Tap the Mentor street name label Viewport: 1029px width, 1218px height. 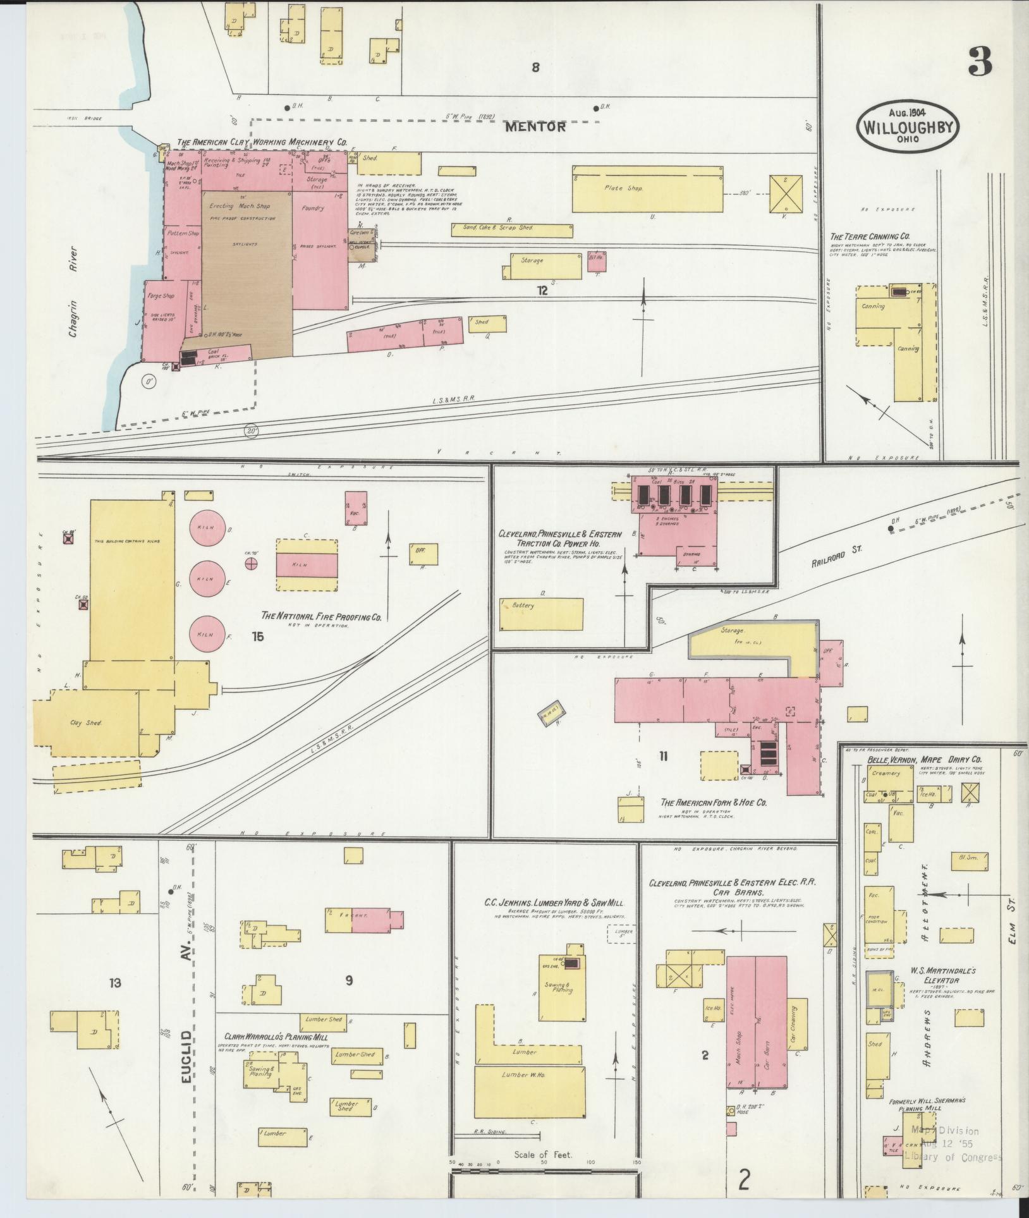click(535, 126)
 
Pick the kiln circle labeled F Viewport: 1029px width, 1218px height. click(208, 634)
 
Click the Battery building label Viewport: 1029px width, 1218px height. click(524, 606)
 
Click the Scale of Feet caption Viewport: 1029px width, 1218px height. click(543, 1155)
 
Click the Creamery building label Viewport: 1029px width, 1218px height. click(886, 773)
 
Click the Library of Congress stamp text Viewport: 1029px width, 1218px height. click(953, 1157)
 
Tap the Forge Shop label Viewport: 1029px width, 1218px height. click(160, 295)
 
